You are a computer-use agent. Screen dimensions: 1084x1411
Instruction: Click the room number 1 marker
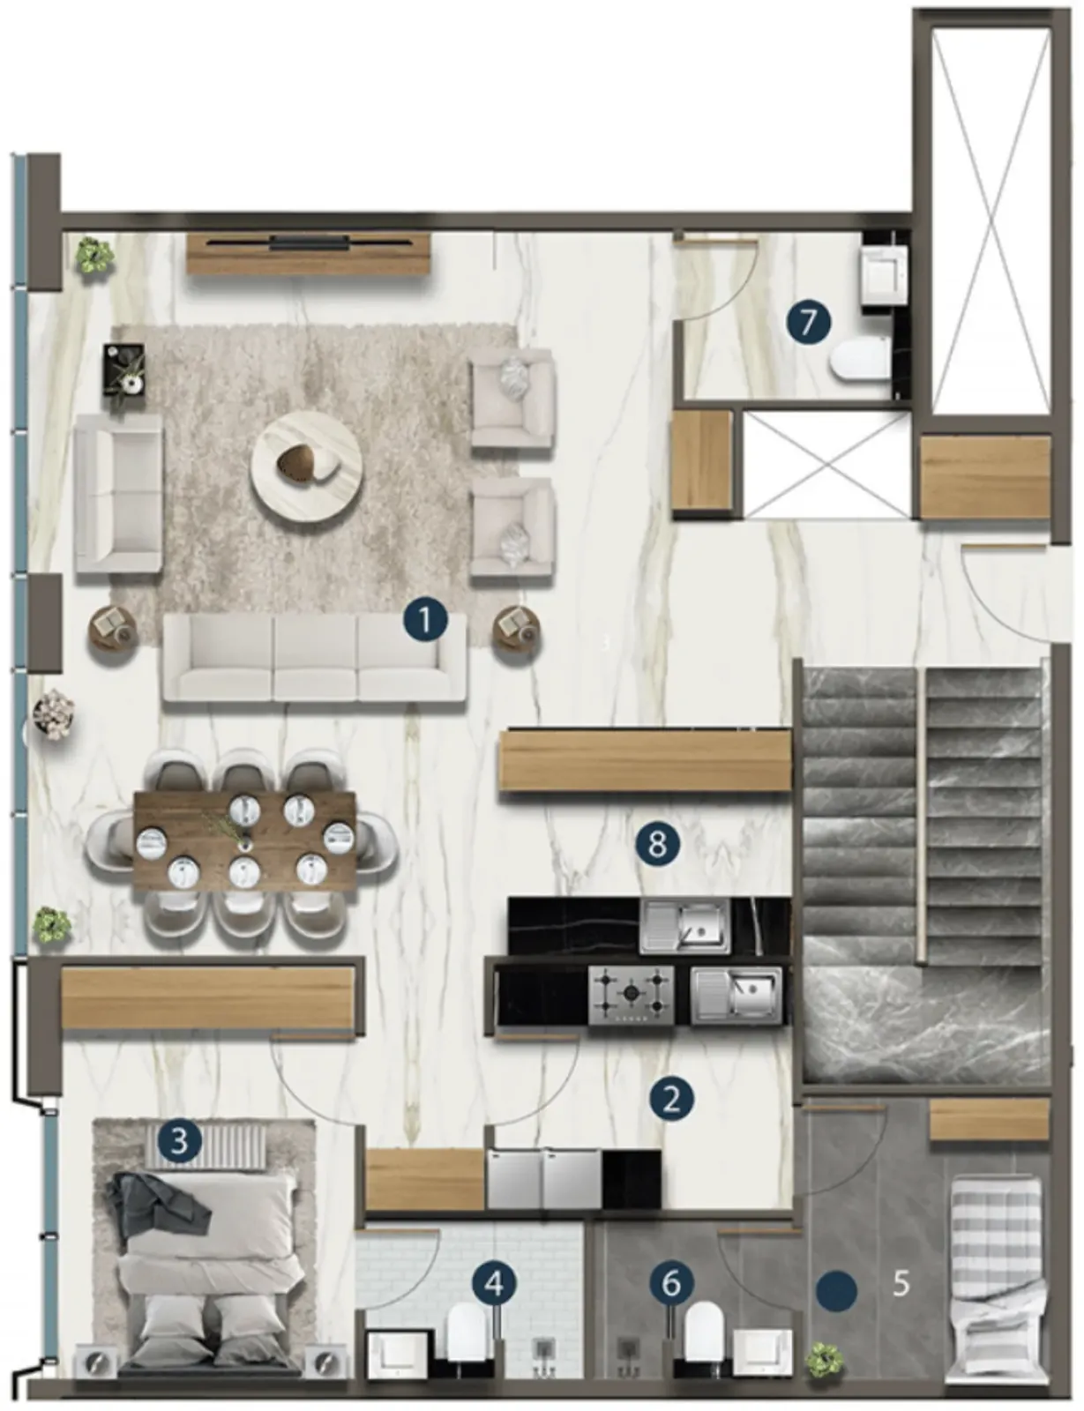point(425,620)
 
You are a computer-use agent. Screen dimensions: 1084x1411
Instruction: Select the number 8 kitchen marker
point(657,845)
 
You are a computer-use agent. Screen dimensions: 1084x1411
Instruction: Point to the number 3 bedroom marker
point(180,1139)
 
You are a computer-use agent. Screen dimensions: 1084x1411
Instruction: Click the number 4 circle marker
point(495,1283)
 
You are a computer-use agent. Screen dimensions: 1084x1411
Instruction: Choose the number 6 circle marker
point(671,1283)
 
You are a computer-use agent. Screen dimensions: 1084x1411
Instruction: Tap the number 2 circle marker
point(671,1100)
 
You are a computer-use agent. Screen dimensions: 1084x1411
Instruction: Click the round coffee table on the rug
point(307,466)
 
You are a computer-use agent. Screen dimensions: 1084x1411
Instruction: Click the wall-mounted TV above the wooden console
point(309,243)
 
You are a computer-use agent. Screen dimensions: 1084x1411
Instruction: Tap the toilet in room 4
point(467,1339)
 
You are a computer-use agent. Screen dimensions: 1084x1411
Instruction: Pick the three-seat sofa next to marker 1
point(315,658)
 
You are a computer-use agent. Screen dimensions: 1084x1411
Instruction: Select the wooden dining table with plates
point(245,847)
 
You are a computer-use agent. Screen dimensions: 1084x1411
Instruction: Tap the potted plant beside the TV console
point(95,256)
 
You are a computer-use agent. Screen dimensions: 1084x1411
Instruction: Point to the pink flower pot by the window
point(56,715)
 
